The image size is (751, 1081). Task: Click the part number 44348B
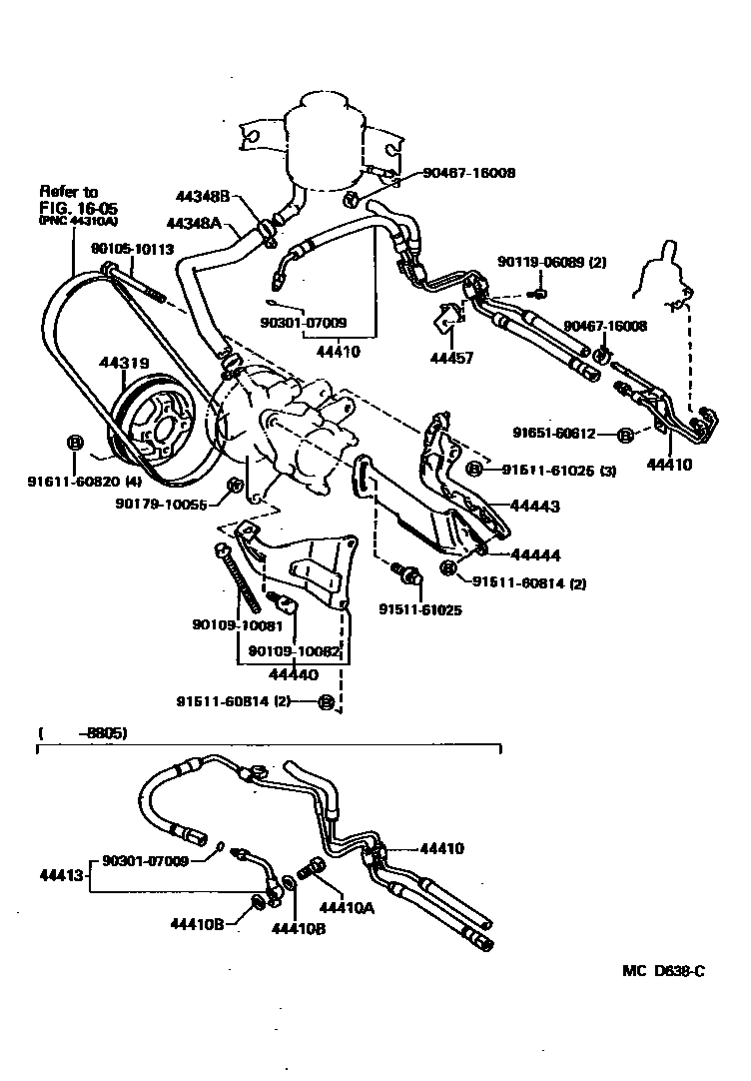click(206, 197)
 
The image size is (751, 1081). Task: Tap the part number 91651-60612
click(554, 434)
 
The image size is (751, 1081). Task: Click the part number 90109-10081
click(238, 626)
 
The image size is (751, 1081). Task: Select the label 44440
click(290, 675)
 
